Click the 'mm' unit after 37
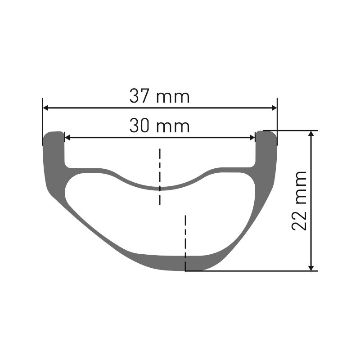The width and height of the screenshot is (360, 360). tap(173, 98)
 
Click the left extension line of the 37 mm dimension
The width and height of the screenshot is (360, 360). tap(43, 119)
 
